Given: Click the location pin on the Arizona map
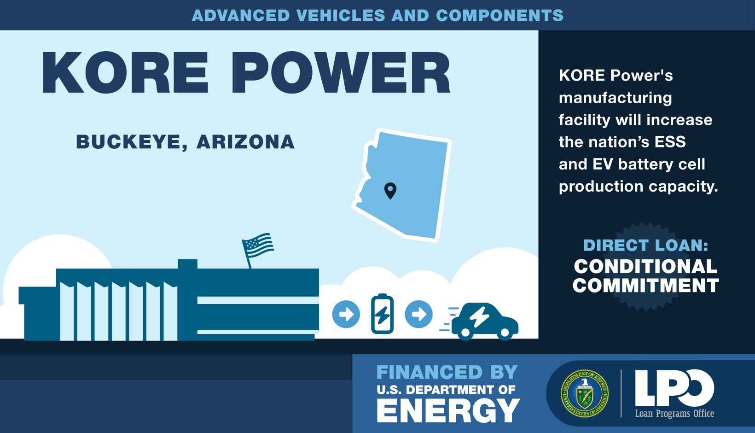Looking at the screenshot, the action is coord(390,190).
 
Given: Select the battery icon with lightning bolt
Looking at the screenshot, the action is coord(382,314).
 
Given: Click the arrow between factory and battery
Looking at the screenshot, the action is coord(346,314).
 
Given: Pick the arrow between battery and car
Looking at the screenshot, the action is coord(418,314).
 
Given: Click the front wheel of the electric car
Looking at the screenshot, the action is coord(505,333).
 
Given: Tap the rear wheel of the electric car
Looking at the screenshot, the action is coord(465,333).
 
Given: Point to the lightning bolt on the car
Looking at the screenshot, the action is coord(479,317).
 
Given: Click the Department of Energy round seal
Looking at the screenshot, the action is coord(585,393).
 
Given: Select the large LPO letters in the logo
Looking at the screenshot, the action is coord(674,388).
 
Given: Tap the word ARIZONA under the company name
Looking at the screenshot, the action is coord(246,142).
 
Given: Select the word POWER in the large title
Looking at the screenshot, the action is coord(341,72).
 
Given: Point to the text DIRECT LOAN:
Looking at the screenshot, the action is coord(645,245).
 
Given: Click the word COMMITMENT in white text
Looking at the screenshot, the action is coord(645,286).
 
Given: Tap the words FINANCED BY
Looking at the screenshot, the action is coord(447,372).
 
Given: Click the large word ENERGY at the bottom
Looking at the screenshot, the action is coord(448,410).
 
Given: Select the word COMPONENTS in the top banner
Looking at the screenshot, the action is coord(500,16).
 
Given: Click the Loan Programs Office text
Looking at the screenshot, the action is coord(674,414).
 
